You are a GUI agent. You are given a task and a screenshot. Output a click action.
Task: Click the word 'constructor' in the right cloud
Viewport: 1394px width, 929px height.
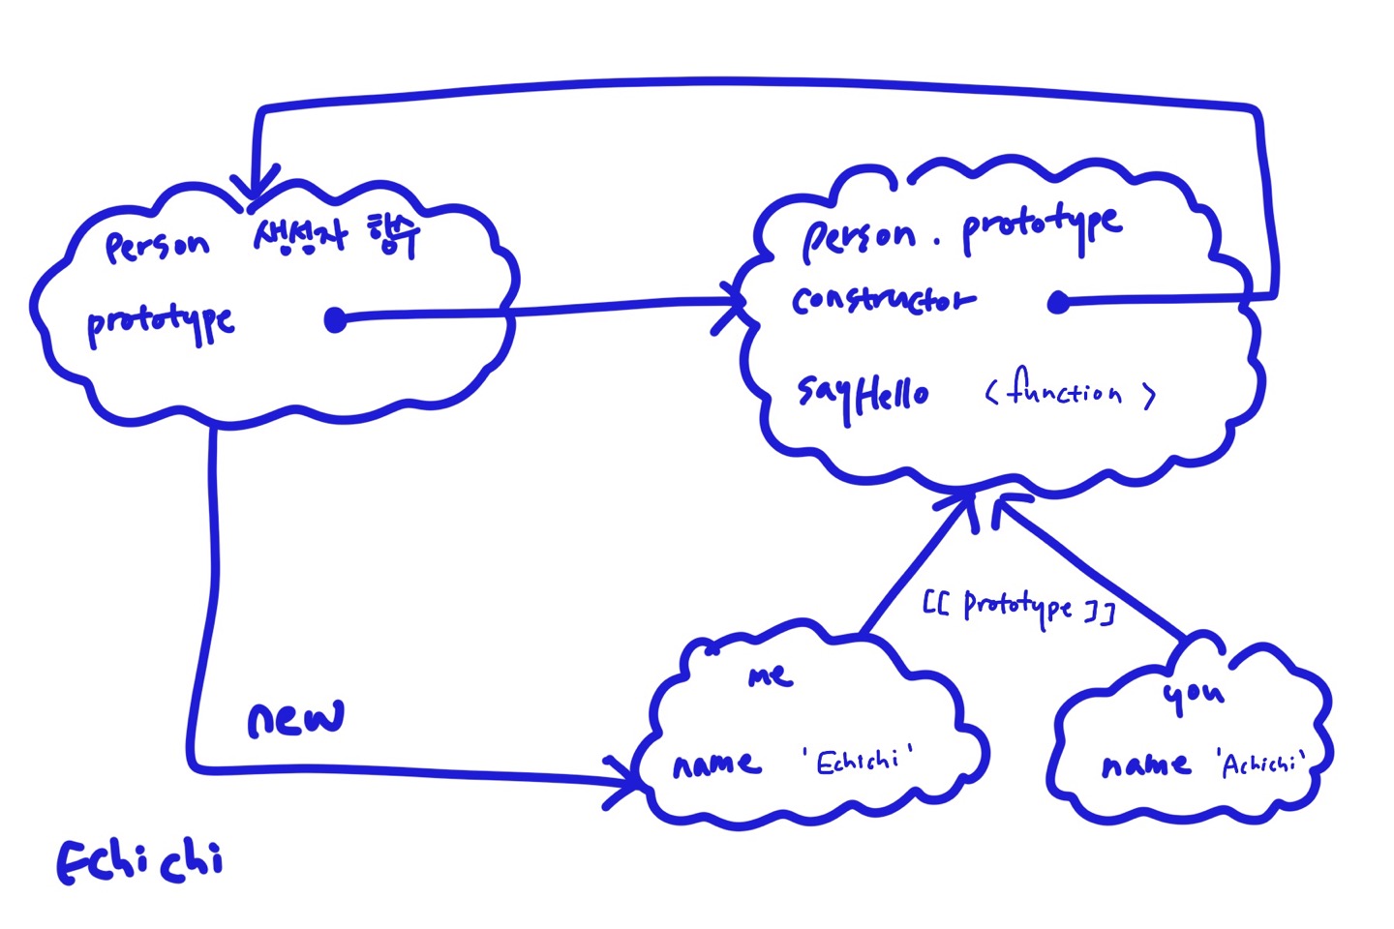pos(882,300)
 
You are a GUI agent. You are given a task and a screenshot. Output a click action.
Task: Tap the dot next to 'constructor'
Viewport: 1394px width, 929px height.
pos(1058,303)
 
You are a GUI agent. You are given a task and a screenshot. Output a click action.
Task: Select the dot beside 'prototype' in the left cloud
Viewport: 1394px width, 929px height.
pos(335,319)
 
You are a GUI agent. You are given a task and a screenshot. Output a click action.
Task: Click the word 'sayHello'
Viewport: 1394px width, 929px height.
pos(863,394)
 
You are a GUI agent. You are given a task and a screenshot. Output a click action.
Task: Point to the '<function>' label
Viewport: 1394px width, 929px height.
pos(1071,392)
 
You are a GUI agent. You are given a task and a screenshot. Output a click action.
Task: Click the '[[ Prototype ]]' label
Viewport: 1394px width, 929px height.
pos(1018,608)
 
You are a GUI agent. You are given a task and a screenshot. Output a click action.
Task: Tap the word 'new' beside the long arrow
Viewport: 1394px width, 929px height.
pos(295,719)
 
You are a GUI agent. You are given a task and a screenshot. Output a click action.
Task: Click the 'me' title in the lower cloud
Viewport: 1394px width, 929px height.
pos(771,675)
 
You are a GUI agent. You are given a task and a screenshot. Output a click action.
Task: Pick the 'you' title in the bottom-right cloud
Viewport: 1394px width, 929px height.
pos(1194,694)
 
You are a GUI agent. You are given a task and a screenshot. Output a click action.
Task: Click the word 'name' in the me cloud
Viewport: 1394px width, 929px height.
pos(716,764)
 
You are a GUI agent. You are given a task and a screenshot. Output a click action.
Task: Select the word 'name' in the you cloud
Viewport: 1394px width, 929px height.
pos(1146,765)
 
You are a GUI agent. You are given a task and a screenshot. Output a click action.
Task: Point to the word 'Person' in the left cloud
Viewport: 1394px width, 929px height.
pos(157,246)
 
